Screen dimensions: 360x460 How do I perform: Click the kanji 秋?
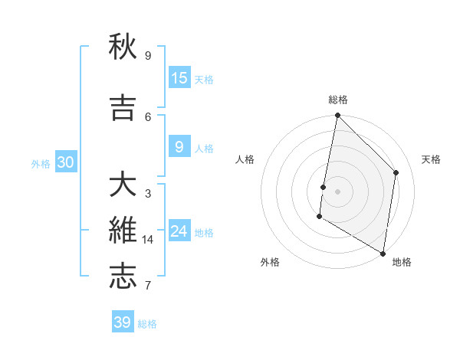(123, 47)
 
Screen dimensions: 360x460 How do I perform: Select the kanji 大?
(123, 186)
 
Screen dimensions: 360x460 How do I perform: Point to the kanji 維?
(123, 231)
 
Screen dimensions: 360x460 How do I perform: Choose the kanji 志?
(123, 277)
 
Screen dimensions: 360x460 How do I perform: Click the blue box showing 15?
(179, 78)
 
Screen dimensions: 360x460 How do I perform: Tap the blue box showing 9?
(179, 147)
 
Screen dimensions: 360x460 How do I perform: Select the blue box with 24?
(179, 231)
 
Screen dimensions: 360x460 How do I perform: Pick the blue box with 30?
(65, 162)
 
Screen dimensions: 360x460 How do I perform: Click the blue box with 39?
(123, 322)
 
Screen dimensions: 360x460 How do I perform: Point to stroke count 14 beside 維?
(148, 240)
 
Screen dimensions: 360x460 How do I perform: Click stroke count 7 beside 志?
(148, 286)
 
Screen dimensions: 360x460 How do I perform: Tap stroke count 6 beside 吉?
(148, 116)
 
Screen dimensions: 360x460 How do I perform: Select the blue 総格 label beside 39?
(147, 324)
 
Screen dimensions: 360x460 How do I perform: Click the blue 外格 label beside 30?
(41, 163)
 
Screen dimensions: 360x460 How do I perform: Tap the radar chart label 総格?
(337, 100)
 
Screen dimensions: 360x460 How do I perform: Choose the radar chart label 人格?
(245, 159)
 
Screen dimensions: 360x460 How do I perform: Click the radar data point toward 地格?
(382, 253)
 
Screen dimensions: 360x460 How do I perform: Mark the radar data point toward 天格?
(396, 172)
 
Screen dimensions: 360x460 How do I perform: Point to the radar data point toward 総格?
(337, 116)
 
